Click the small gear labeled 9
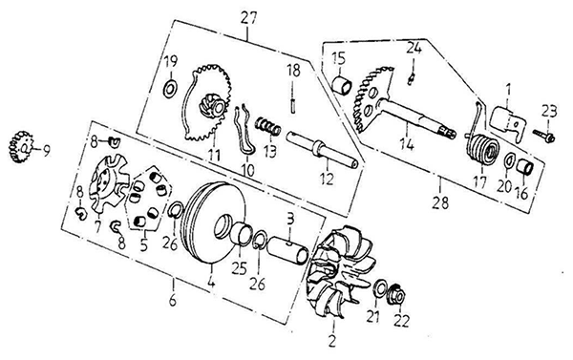[20, 147]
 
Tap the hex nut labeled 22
[398, 293]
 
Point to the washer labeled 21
[380, 288]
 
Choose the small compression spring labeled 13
[267, 126]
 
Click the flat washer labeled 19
[170, 89]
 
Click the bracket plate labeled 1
[506, 123]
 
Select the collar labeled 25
[243, 233]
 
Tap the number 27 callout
[248, 18]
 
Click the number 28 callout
[440, 202]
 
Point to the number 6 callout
[172, 300]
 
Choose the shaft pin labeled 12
[323, 151]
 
